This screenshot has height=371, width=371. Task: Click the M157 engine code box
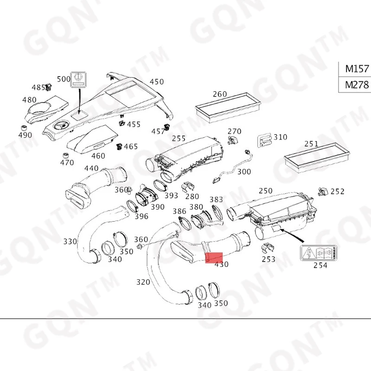click(x=356, y=69)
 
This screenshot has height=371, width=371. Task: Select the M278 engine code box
click(x=356, y=85)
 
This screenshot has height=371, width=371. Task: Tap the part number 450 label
click(x=157, y=82)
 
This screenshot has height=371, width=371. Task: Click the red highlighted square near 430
click(x=215, y=257)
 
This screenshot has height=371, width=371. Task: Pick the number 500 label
click(x=64, y=79)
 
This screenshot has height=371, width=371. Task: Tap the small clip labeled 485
click(x=48, y=88)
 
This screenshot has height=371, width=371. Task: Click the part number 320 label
click(x=143, y=281)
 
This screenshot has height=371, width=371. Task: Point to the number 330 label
click(x=70, y=242)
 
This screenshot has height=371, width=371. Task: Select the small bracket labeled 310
click(x=264, y=139)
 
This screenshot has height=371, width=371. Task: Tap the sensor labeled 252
click(x=321, y=191)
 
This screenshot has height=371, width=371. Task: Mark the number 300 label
click(x=244, y=172)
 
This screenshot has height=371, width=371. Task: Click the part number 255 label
click(x=179, y=138)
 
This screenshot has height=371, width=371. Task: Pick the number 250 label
click(x=266, y=191)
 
